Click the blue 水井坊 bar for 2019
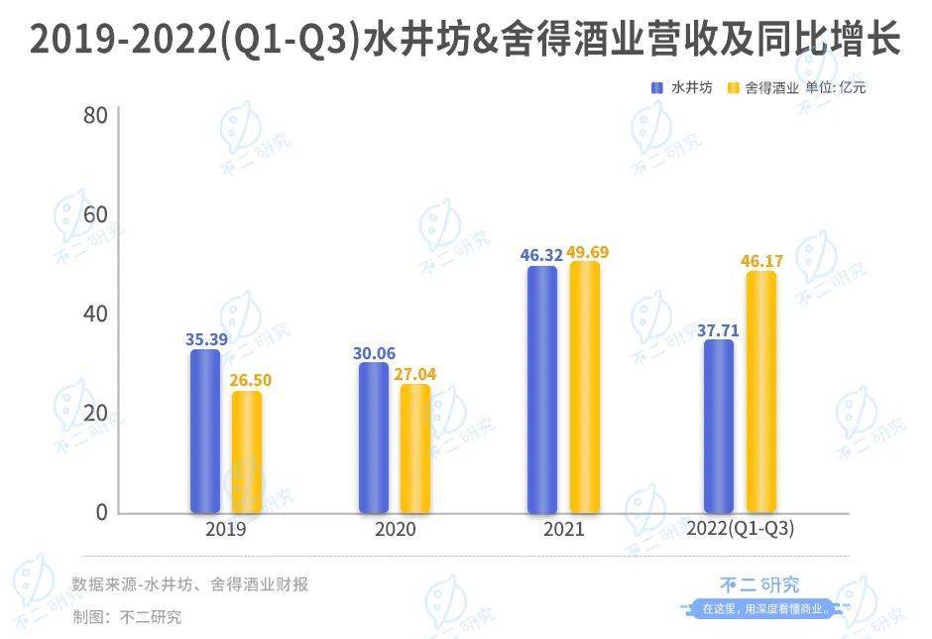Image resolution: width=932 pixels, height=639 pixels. click(x=205, y=431)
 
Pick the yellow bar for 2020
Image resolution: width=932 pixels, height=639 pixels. click(x=415, y=448)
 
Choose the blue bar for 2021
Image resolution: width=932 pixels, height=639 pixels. click(x=542, y=389)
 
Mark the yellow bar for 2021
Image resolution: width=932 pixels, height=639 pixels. click(x=584, y=387)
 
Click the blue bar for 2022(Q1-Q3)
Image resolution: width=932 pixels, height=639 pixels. click(x=719, y=427)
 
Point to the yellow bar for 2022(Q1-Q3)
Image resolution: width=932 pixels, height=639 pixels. click(x=760, y=392)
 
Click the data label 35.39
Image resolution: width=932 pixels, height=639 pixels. click(x=205, y=338)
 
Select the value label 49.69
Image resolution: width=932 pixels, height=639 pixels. click(x=585, y=252)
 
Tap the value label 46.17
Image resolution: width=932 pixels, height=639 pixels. click(x=761, y=262)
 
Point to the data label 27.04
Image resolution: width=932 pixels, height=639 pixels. click(x=416, y=374)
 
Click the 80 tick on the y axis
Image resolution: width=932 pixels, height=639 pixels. click(x=95, y=115)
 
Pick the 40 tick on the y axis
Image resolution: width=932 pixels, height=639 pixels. click(x=95, y=314)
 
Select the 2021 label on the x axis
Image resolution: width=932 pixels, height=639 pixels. click(x=564, y=529)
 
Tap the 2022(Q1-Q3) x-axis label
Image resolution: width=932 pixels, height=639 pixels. click(x=741, y=529)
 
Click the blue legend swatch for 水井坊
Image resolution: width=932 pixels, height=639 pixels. click(x=656, y=88)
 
